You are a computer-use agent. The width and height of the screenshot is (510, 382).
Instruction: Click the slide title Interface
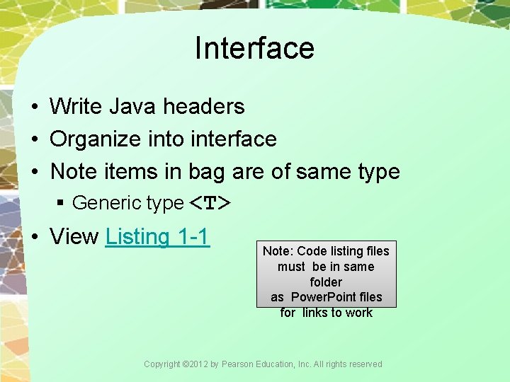coord(254,48)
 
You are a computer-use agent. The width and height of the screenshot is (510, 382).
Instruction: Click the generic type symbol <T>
coord(210,204)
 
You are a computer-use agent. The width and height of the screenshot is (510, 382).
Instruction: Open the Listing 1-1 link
coord(157,236)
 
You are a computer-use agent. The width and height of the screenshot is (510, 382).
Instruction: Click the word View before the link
coord(74,236)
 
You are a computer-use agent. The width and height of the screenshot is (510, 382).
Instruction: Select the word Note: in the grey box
coord(278,251)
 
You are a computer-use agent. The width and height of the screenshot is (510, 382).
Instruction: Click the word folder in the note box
coord(326,282)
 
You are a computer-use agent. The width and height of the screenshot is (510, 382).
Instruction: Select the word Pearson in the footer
coord(238,364)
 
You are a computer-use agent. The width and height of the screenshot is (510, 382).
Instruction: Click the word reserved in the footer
coord(364,364)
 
